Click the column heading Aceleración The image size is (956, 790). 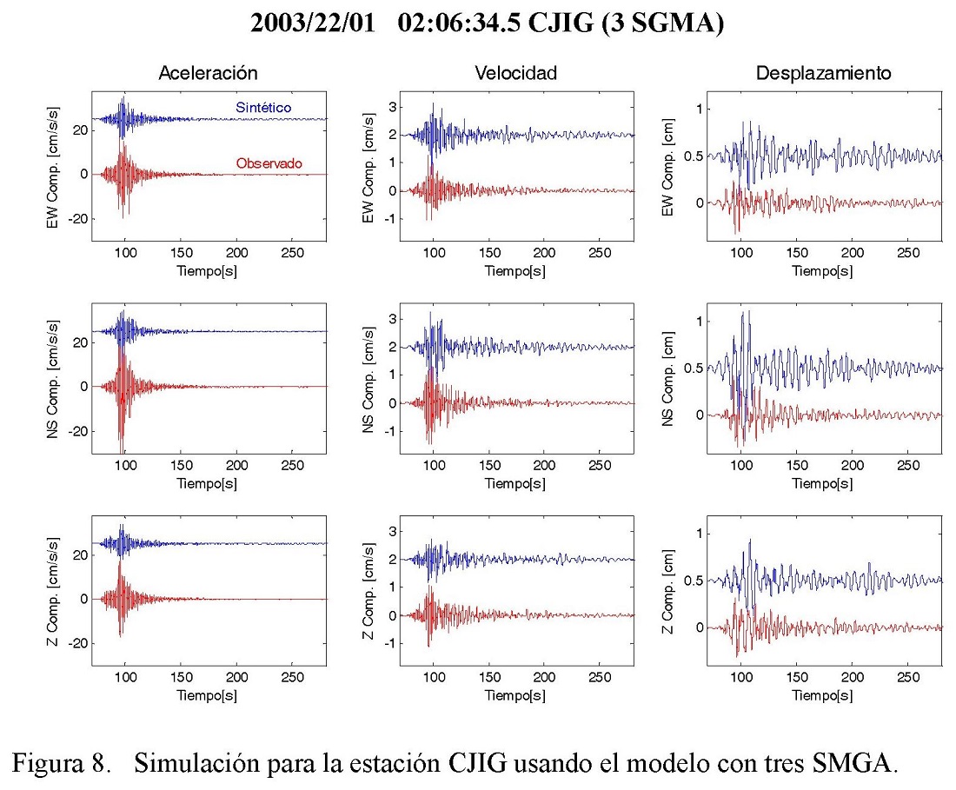(x=208, y=74)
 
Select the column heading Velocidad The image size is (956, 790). (x=515, y=74)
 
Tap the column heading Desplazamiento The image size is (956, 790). (x=823, y=74)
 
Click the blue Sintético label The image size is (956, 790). (x=263, y=107)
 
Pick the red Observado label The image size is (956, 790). (x=269, y=163)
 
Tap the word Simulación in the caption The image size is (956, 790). (x=193, y=765)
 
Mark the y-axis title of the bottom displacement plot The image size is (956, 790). (x=667, y=596)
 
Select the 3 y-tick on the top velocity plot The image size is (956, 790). (x=392, y=107)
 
